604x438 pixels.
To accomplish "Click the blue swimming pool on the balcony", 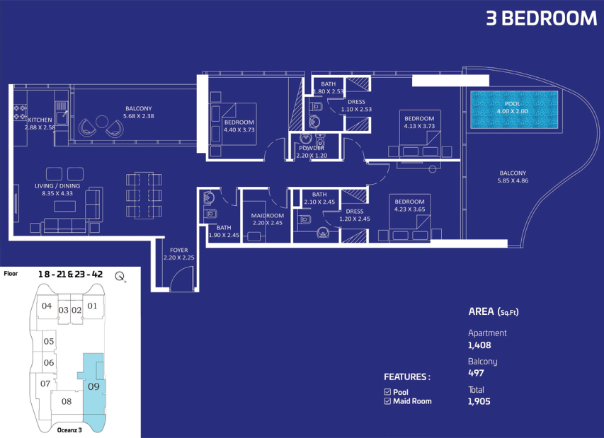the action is [514, 110].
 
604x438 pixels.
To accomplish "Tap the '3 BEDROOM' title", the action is [541, 18].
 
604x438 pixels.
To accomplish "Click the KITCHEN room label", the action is [40, 120].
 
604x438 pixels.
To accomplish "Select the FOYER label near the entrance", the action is [178, 250].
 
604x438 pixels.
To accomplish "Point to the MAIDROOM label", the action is [268, 216].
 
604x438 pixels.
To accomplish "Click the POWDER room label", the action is [312, 148].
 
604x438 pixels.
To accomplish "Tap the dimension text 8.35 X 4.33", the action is [57, 193].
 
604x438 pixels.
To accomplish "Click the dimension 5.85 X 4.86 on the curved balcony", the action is [513, 180].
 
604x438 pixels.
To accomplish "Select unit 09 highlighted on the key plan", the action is [93, 386].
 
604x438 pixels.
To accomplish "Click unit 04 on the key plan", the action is [47, 306].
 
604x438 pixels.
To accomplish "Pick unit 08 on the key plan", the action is [67, 401].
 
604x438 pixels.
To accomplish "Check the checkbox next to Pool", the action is [387, 392].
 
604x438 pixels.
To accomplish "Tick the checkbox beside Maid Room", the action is [387, 401].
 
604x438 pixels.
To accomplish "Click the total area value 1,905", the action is [479, 401].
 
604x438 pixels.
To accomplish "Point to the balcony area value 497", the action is [476, 373].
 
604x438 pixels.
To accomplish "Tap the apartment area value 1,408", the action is [479, 345].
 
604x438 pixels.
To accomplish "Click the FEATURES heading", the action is [406, 377].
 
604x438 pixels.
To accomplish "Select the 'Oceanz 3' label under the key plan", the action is [69, 430].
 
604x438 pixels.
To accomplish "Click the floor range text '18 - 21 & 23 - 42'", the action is [71, 274].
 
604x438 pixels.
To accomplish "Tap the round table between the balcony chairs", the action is [101, 122].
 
